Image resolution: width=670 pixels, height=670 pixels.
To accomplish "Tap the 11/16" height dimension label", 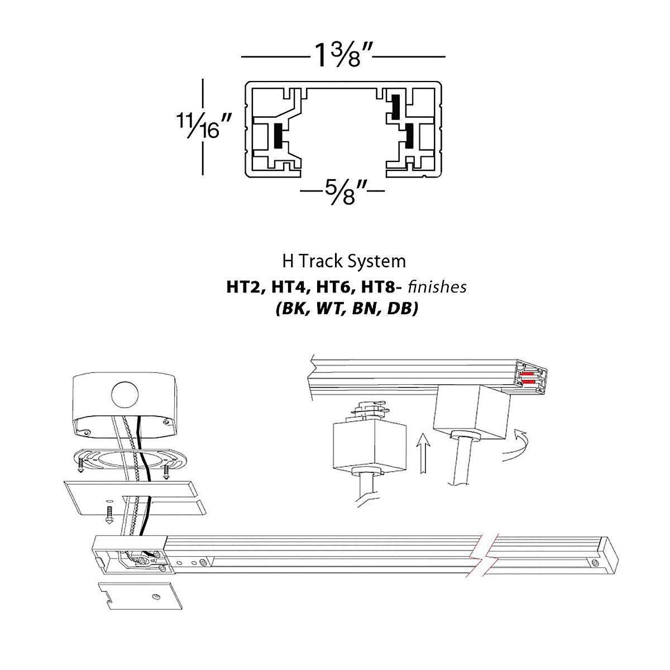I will tap(204, 126).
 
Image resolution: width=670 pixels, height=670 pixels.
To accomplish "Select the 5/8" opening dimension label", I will tap(342, 192).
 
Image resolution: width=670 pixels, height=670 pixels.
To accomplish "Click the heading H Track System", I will tap(343, 261).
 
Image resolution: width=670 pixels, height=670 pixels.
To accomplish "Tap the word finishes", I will tap(437, 288).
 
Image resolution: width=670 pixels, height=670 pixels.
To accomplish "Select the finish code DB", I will tap(403, 309).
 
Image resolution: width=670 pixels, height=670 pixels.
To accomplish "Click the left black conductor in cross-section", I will tap(277, 136).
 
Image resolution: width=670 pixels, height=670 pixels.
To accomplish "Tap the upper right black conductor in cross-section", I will tap(395, 107).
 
